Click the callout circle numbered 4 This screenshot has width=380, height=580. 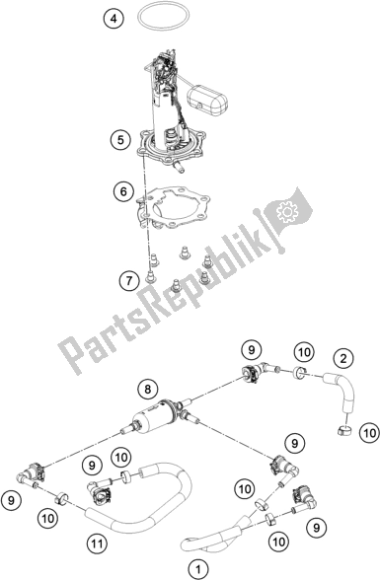(x=114, y=18)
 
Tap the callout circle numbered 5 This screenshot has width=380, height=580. (x=119, y=140)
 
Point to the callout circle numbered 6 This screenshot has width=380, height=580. (x=123, y=191)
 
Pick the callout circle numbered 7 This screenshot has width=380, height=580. (x=128, y=281)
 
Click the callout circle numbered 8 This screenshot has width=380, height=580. (x=148, y=389)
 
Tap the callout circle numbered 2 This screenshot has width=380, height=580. (x=343, y=358)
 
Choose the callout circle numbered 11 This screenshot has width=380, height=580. (x=98, y=544)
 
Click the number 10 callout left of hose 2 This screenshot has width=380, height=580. (x=305, y=352)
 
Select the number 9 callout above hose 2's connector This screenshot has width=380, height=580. (x=252, y=349)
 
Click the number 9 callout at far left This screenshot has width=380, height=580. (x=11, y=500)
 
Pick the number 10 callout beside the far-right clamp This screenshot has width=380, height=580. (x=370, y=432)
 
